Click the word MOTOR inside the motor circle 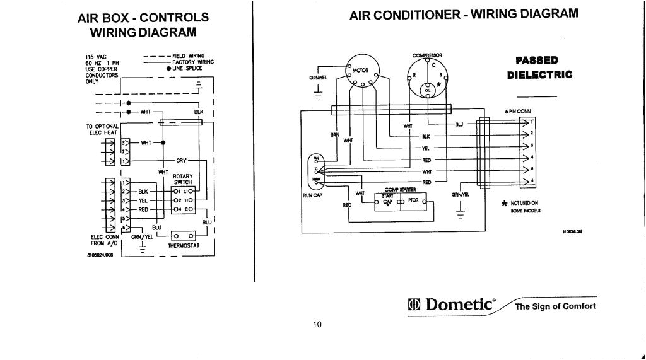[x=360, y=70]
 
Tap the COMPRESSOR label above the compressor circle [x=427, y=55]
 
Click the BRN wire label [x=335, y=134]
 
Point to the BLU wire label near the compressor [x=459, y=124]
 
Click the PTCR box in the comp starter [x=414, y=200]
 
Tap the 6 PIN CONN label [x=518, y=112]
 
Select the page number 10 [x=317, y=325]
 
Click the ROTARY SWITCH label [x=182, y=179]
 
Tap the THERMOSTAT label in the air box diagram [x=184, y=245]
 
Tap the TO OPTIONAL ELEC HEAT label [x=102, y=129]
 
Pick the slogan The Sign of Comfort [x=555, y=306]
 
